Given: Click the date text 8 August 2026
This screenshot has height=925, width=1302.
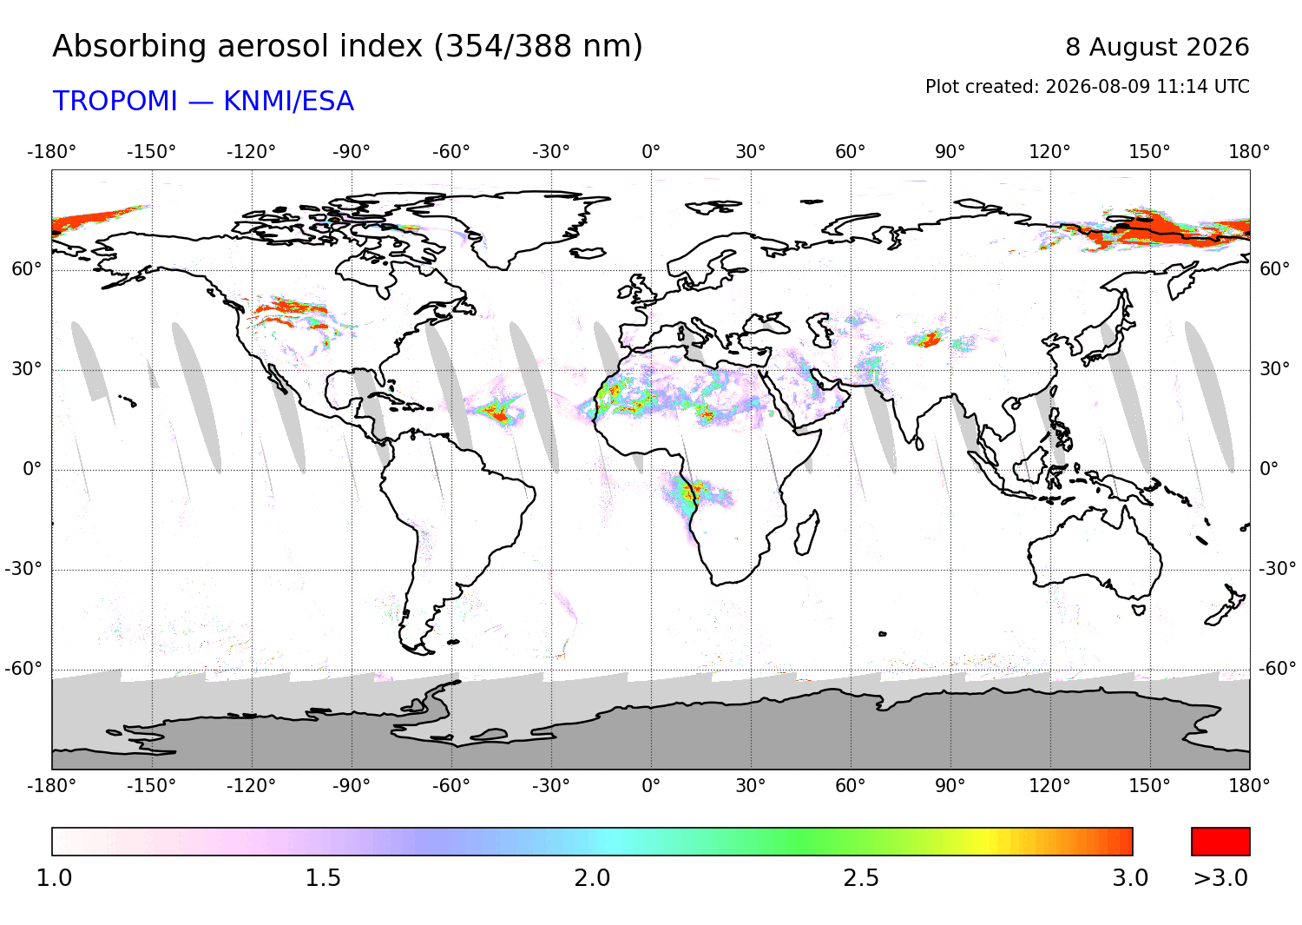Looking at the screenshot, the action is pos(1157,47).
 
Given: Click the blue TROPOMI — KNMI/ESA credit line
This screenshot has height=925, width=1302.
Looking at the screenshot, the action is pos(203,102).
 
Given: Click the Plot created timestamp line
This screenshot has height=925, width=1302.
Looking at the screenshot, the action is pos(1087,87).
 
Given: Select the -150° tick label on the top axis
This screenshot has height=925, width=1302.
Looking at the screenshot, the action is pos(151,152).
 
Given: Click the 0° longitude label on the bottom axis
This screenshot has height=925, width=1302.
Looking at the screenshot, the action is pos(651,786).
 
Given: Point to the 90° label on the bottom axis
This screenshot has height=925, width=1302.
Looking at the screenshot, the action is pos(950,786).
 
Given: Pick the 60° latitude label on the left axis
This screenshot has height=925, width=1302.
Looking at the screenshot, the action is pos(27,268).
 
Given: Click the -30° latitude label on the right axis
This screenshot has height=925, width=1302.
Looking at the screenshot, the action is pos(1277,568).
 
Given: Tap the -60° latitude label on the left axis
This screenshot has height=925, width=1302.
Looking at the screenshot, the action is pos(23,669).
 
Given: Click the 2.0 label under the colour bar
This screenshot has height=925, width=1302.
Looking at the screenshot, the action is pos(592,878).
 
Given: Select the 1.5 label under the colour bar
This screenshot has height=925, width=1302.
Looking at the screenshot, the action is pos(323,878).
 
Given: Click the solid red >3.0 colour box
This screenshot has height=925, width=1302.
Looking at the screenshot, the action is pos(1220,842).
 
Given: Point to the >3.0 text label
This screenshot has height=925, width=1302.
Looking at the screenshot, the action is pos(1220,878).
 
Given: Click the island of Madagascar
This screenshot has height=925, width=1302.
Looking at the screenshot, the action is pos(807,533).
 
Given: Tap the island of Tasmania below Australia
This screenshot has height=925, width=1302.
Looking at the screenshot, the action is pos(1139,610).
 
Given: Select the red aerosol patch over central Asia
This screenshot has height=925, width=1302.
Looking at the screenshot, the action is pos(929,338).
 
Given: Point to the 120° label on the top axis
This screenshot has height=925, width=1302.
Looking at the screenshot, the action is pos(1049,152).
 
